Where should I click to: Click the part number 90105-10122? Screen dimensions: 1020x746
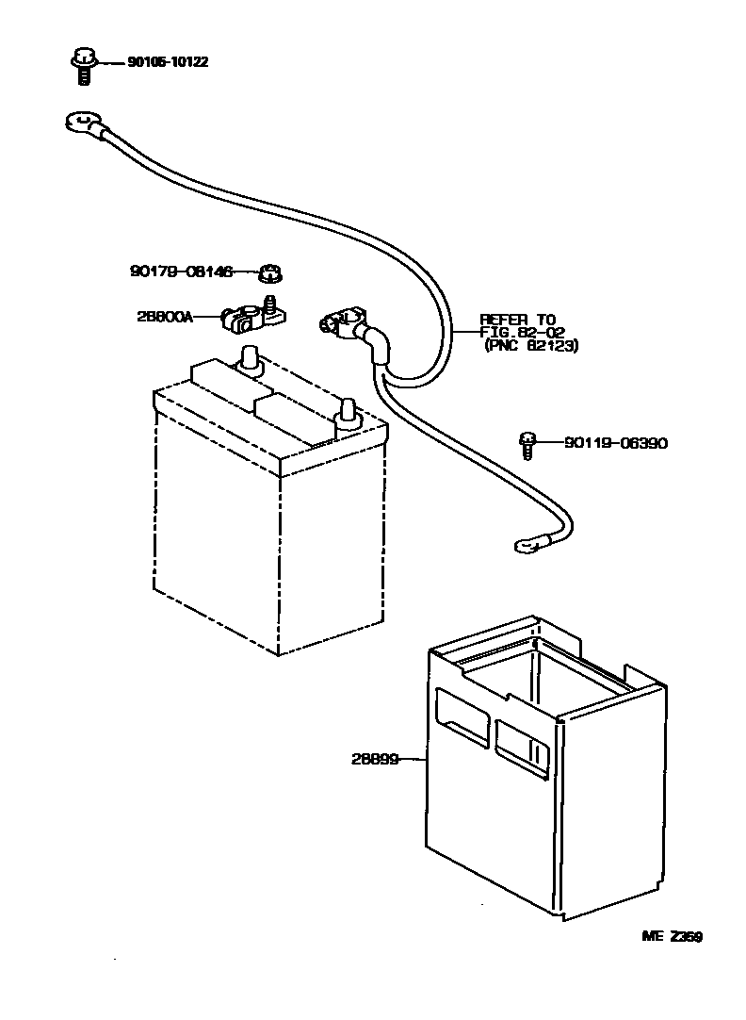point(168,62)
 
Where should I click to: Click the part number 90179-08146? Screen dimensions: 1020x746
point(180,271)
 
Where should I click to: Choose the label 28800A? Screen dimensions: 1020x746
point(164,318)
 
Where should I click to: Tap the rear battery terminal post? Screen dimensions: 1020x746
point(250,360)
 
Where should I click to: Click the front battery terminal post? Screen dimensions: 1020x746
point(347,413)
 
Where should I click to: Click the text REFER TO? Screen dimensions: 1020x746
point(518,320)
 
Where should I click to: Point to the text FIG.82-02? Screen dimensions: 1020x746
point(522,333)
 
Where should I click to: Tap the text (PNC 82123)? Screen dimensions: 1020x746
point(531,346)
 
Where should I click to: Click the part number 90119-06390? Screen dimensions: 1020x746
point(616,442)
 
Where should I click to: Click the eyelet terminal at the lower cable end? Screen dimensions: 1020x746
point(523,544)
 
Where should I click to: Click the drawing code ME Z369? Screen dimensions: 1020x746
point(672,936)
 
